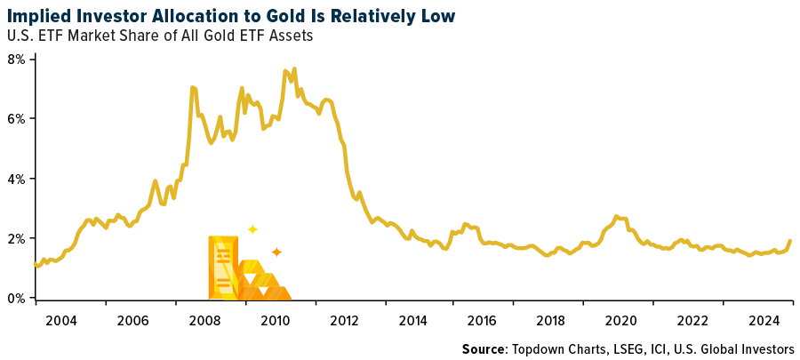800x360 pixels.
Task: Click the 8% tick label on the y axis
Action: (17, 59)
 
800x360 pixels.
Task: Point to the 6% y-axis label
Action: (17, 118)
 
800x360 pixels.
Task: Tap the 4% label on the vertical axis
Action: (17, 179)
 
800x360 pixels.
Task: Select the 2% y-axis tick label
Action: (17, 238)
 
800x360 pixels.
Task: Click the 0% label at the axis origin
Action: (17, 299)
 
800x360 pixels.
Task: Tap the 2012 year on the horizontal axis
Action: (348, 319)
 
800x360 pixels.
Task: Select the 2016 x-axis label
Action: (481, 319)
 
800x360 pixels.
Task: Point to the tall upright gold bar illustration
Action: (222, 266)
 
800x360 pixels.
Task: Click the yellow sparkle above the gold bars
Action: (252, 229)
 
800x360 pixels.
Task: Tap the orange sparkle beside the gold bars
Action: (276, 252)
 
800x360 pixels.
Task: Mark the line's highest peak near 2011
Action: (294, 68)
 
